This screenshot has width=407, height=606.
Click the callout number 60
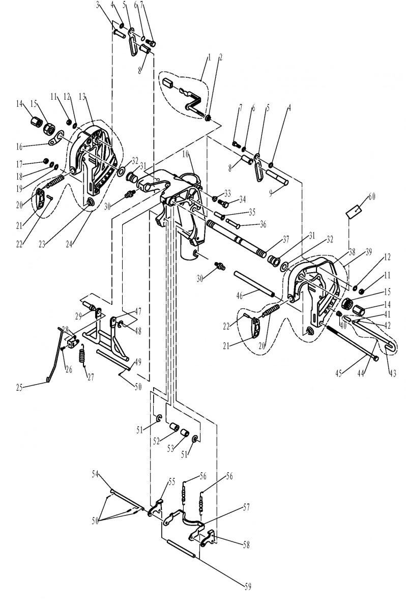click(x=371, y=197)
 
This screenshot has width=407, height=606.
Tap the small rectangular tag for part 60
click(x=355, y=212)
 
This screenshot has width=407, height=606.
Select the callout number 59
click(x=248, y=587)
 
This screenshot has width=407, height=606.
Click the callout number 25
click(x=19, y=388)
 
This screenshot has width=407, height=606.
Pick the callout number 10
click(x=186, y=154)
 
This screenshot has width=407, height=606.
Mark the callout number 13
click(x=83, y=97)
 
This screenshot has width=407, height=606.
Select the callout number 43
click(x=393, y=373)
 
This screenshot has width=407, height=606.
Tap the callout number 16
click(x=19, y=147)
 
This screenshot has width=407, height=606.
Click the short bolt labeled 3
click(x=119, y=34)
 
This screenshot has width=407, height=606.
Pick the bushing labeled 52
click(x=175, y=427)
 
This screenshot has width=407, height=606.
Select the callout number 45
click(x=339, y=373)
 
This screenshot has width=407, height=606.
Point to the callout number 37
click(x=285, y=240)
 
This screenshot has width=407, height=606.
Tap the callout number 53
click(x=171, y=449)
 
